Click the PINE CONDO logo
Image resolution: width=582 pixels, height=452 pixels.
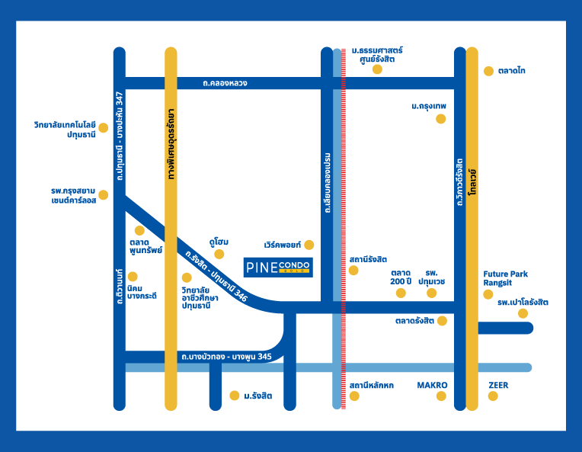(x=279, y=268)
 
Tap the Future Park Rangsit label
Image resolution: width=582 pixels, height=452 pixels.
(x=506, y=278)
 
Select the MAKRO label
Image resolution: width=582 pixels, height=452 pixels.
(x=432, y=385)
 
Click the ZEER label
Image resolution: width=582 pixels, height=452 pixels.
(x=498, y=385)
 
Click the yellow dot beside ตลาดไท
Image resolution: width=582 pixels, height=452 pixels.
(x=488, y=71)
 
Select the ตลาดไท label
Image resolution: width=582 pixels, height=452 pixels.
(x=513, y=71)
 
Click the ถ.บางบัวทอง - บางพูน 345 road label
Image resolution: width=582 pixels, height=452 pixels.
(x=225, y=357)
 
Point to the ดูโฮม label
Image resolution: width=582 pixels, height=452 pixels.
(x=219, y=242)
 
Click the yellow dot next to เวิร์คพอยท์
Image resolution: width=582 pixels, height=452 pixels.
(x=309, y=245)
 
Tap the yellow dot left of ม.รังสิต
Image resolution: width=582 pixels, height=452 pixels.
(x=234, y=396)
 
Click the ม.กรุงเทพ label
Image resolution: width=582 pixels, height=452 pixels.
(x=429, y=105)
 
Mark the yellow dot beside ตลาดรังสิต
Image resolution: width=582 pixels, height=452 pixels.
(x=442, y=321)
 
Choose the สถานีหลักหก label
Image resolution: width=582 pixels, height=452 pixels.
(x=372, y=386)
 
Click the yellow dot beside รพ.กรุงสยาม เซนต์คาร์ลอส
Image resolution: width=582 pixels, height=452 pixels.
(x=104, y=194)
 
